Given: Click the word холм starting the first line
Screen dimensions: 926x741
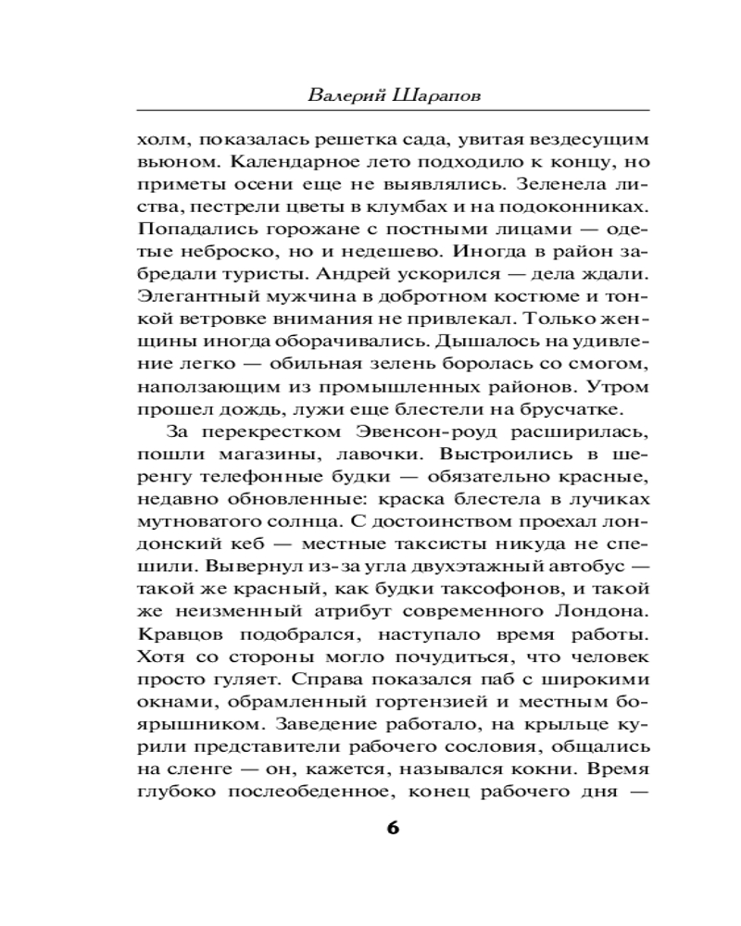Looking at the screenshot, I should [x=159, y=142].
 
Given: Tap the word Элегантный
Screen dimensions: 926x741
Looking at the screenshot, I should [x=193, y=299].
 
